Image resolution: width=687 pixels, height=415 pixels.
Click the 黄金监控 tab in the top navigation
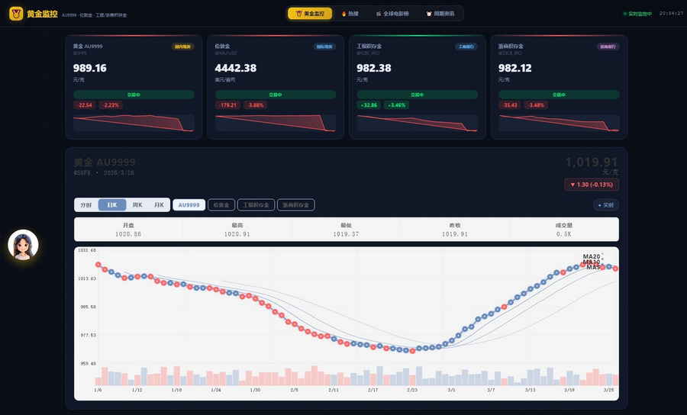tap(311, 14)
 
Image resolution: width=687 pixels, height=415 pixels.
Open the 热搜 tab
tap(350, 14)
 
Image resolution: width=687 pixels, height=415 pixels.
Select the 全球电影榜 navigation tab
tap(392, 14)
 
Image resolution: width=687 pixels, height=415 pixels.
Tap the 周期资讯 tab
tap(440, 14)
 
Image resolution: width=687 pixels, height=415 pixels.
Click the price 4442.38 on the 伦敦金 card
tap(236, 68)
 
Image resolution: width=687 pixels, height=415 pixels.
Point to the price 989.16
tap(90, 68)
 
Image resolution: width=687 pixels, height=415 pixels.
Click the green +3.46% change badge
tap(395, 105)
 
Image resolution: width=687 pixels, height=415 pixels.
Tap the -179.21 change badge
tap(227, 105)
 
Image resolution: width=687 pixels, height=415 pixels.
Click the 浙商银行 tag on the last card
tap(607, 47)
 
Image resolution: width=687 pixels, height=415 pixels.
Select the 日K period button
tap(111, 205)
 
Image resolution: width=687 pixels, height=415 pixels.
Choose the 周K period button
tap(137, 205)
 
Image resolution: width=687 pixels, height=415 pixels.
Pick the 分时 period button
tap(86, 205)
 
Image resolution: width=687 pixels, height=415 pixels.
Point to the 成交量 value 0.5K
tap(564, 234)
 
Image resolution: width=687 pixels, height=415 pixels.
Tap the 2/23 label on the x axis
tap(412, 390)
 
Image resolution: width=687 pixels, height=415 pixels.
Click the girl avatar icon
tap(23, 245)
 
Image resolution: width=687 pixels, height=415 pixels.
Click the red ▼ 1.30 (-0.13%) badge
tap(592, 185)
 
